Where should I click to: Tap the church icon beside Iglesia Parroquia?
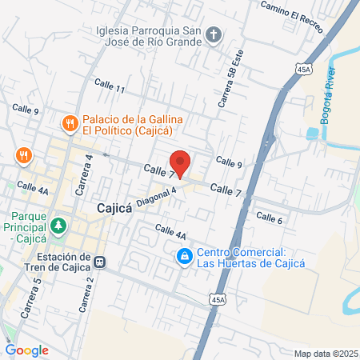(x=213, y=34)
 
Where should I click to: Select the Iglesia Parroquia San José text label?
(x=143, y=34)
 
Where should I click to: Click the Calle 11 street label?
(x=110, y=86)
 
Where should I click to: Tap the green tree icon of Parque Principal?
(x=58, y=226)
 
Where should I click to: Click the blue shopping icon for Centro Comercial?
(x=184, y=256)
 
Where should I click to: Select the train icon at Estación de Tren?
(x=100, y=261)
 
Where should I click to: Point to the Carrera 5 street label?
(x=33, y=295)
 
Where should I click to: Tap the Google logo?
(x=26, y=350)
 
